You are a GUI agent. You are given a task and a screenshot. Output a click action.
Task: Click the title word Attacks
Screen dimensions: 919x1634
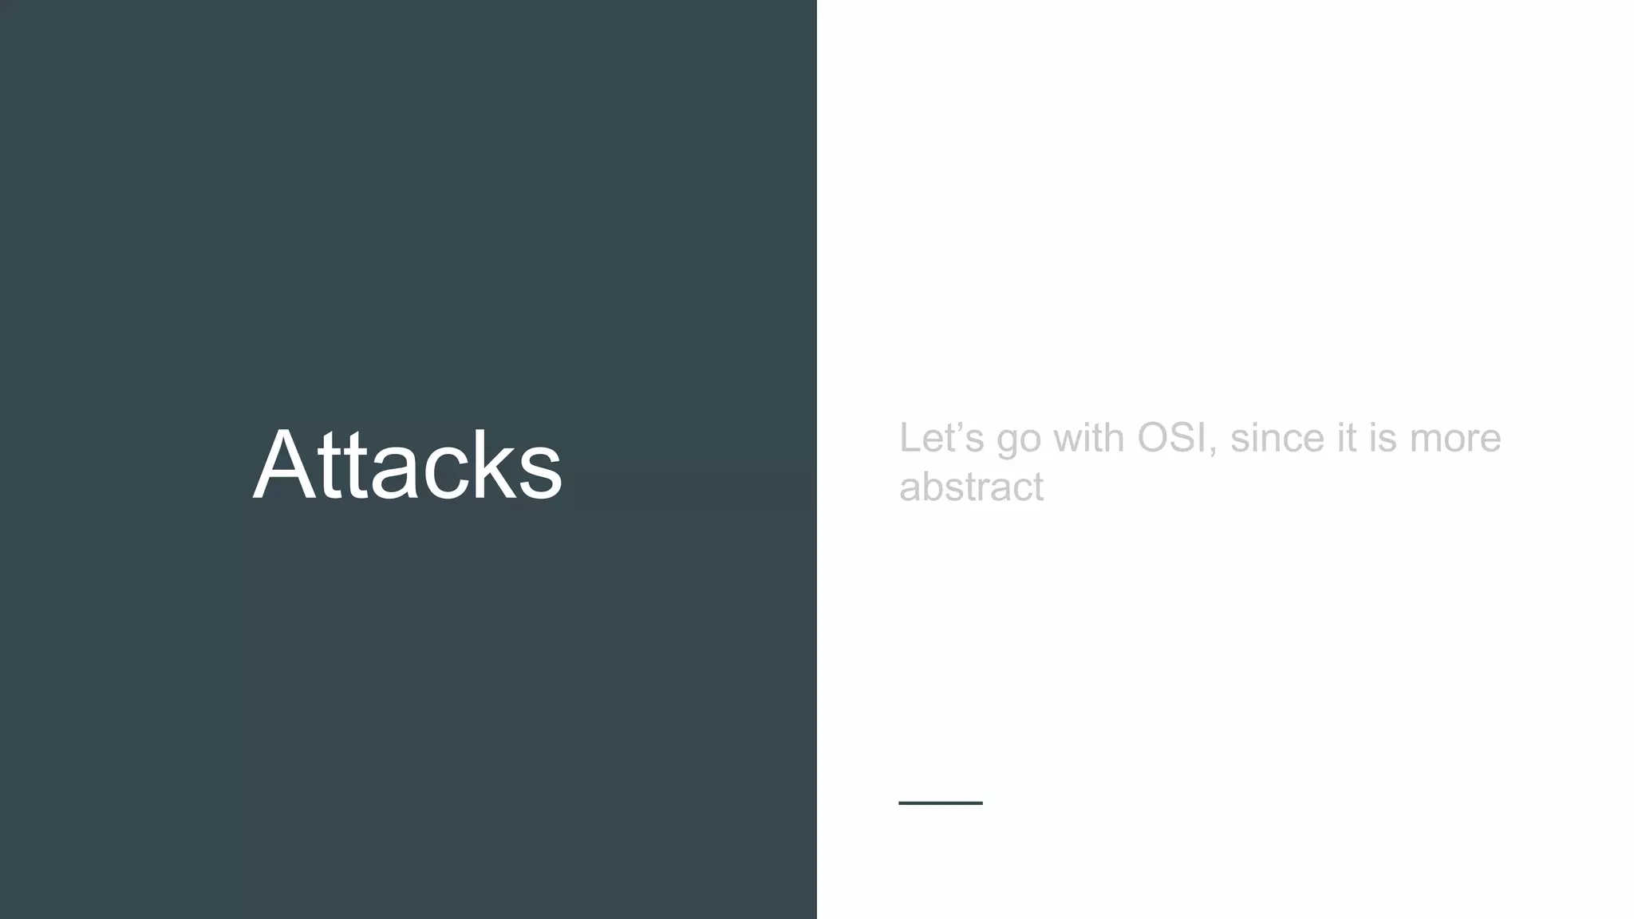click(x=407, y=465)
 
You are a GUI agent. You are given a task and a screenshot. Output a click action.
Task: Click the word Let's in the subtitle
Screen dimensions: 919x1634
click(x=941, y=438)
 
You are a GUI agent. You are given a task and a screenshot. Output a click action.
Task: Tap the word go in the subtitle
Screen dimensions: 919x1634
click(x=1019, y=441)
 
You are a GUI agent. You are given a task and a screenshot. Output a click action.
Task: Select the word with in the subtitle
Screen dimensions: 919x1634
click(x=1089, y=438)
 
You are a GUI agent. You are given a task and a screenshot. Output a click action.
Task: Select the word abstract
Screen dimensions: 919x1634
click(x=971, y=487)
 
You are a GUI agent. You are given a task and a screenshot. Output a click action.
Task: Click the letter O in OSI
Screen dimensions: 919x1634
click(x=1154, y=438)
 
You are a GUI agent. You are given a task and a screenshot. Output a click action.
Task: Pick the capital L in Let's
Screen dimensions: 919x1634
click(x=910, y=438)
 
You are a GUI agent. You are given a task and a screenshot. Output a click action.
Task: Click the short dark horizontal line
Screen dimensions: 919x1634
click(x=941, y=803)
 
